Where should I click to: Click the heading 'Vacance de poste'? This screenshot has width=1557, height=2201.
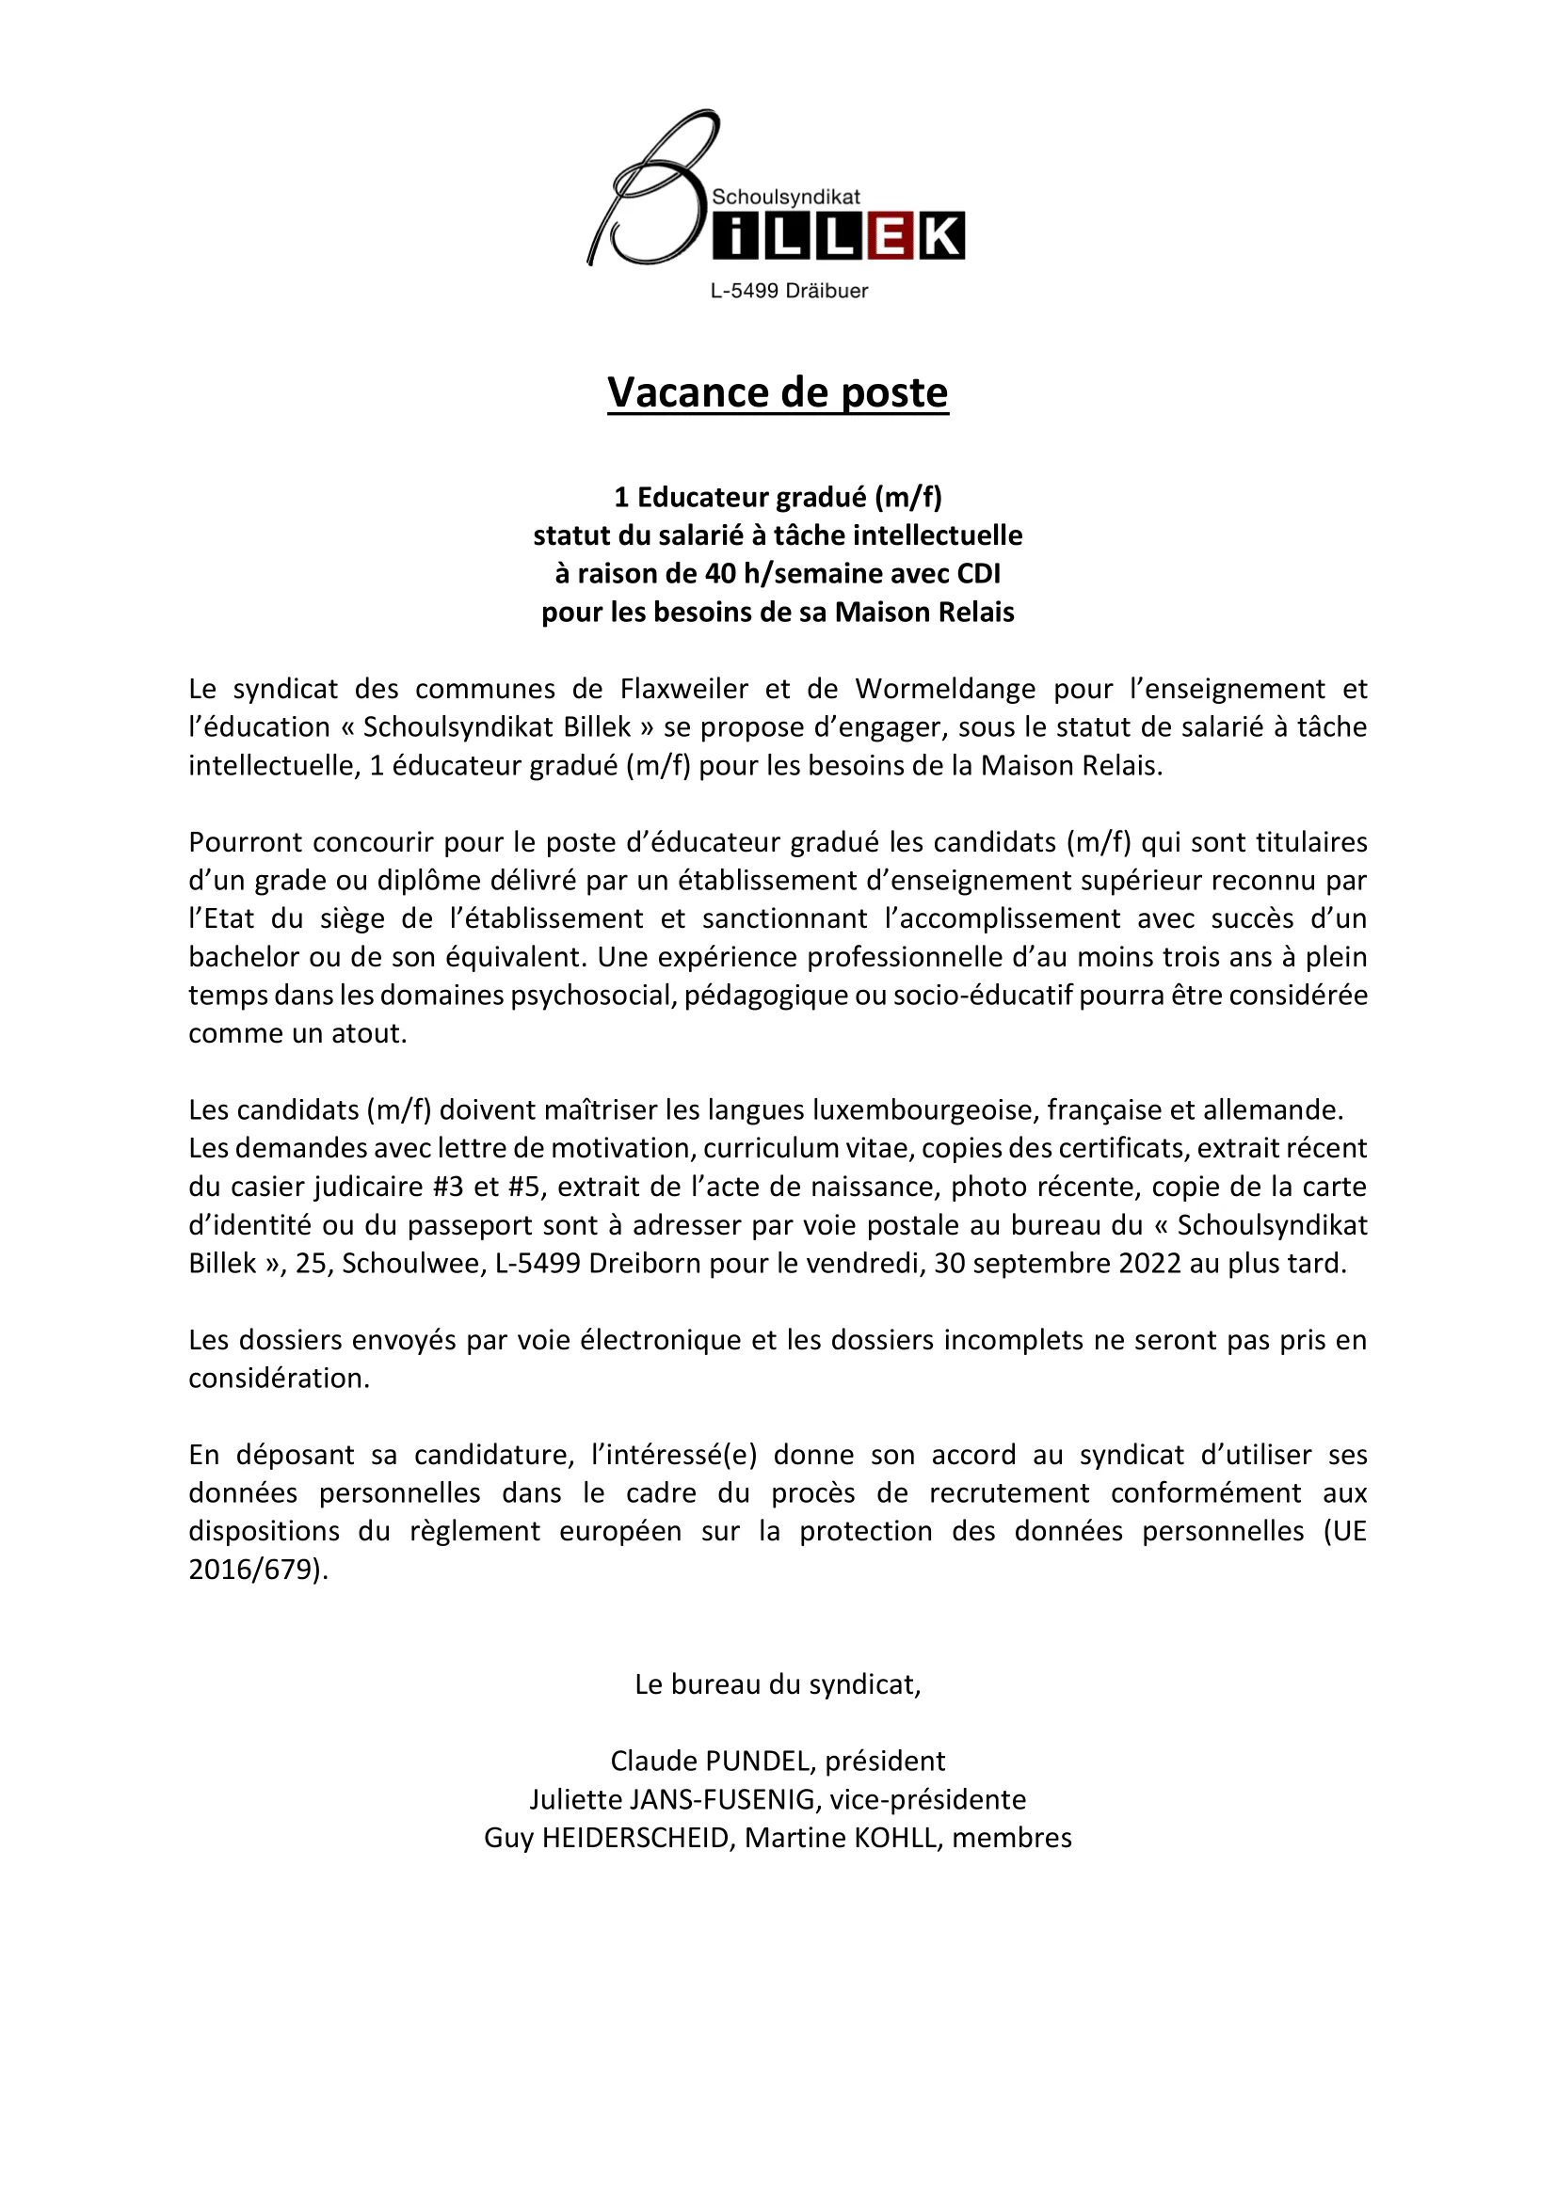tap(778, 393)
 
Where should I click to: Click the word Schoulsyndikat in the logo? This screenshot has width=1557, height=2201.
tap(785, 198)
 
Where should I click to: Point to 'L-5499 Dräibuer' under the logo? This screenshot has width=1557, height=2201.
tap(788, 292)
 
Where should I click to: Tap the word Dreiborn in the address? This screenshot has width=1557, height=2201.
tap(634, 1264)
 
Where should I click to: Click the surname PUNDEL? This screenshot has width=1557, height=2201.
tap(761, 1761)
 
